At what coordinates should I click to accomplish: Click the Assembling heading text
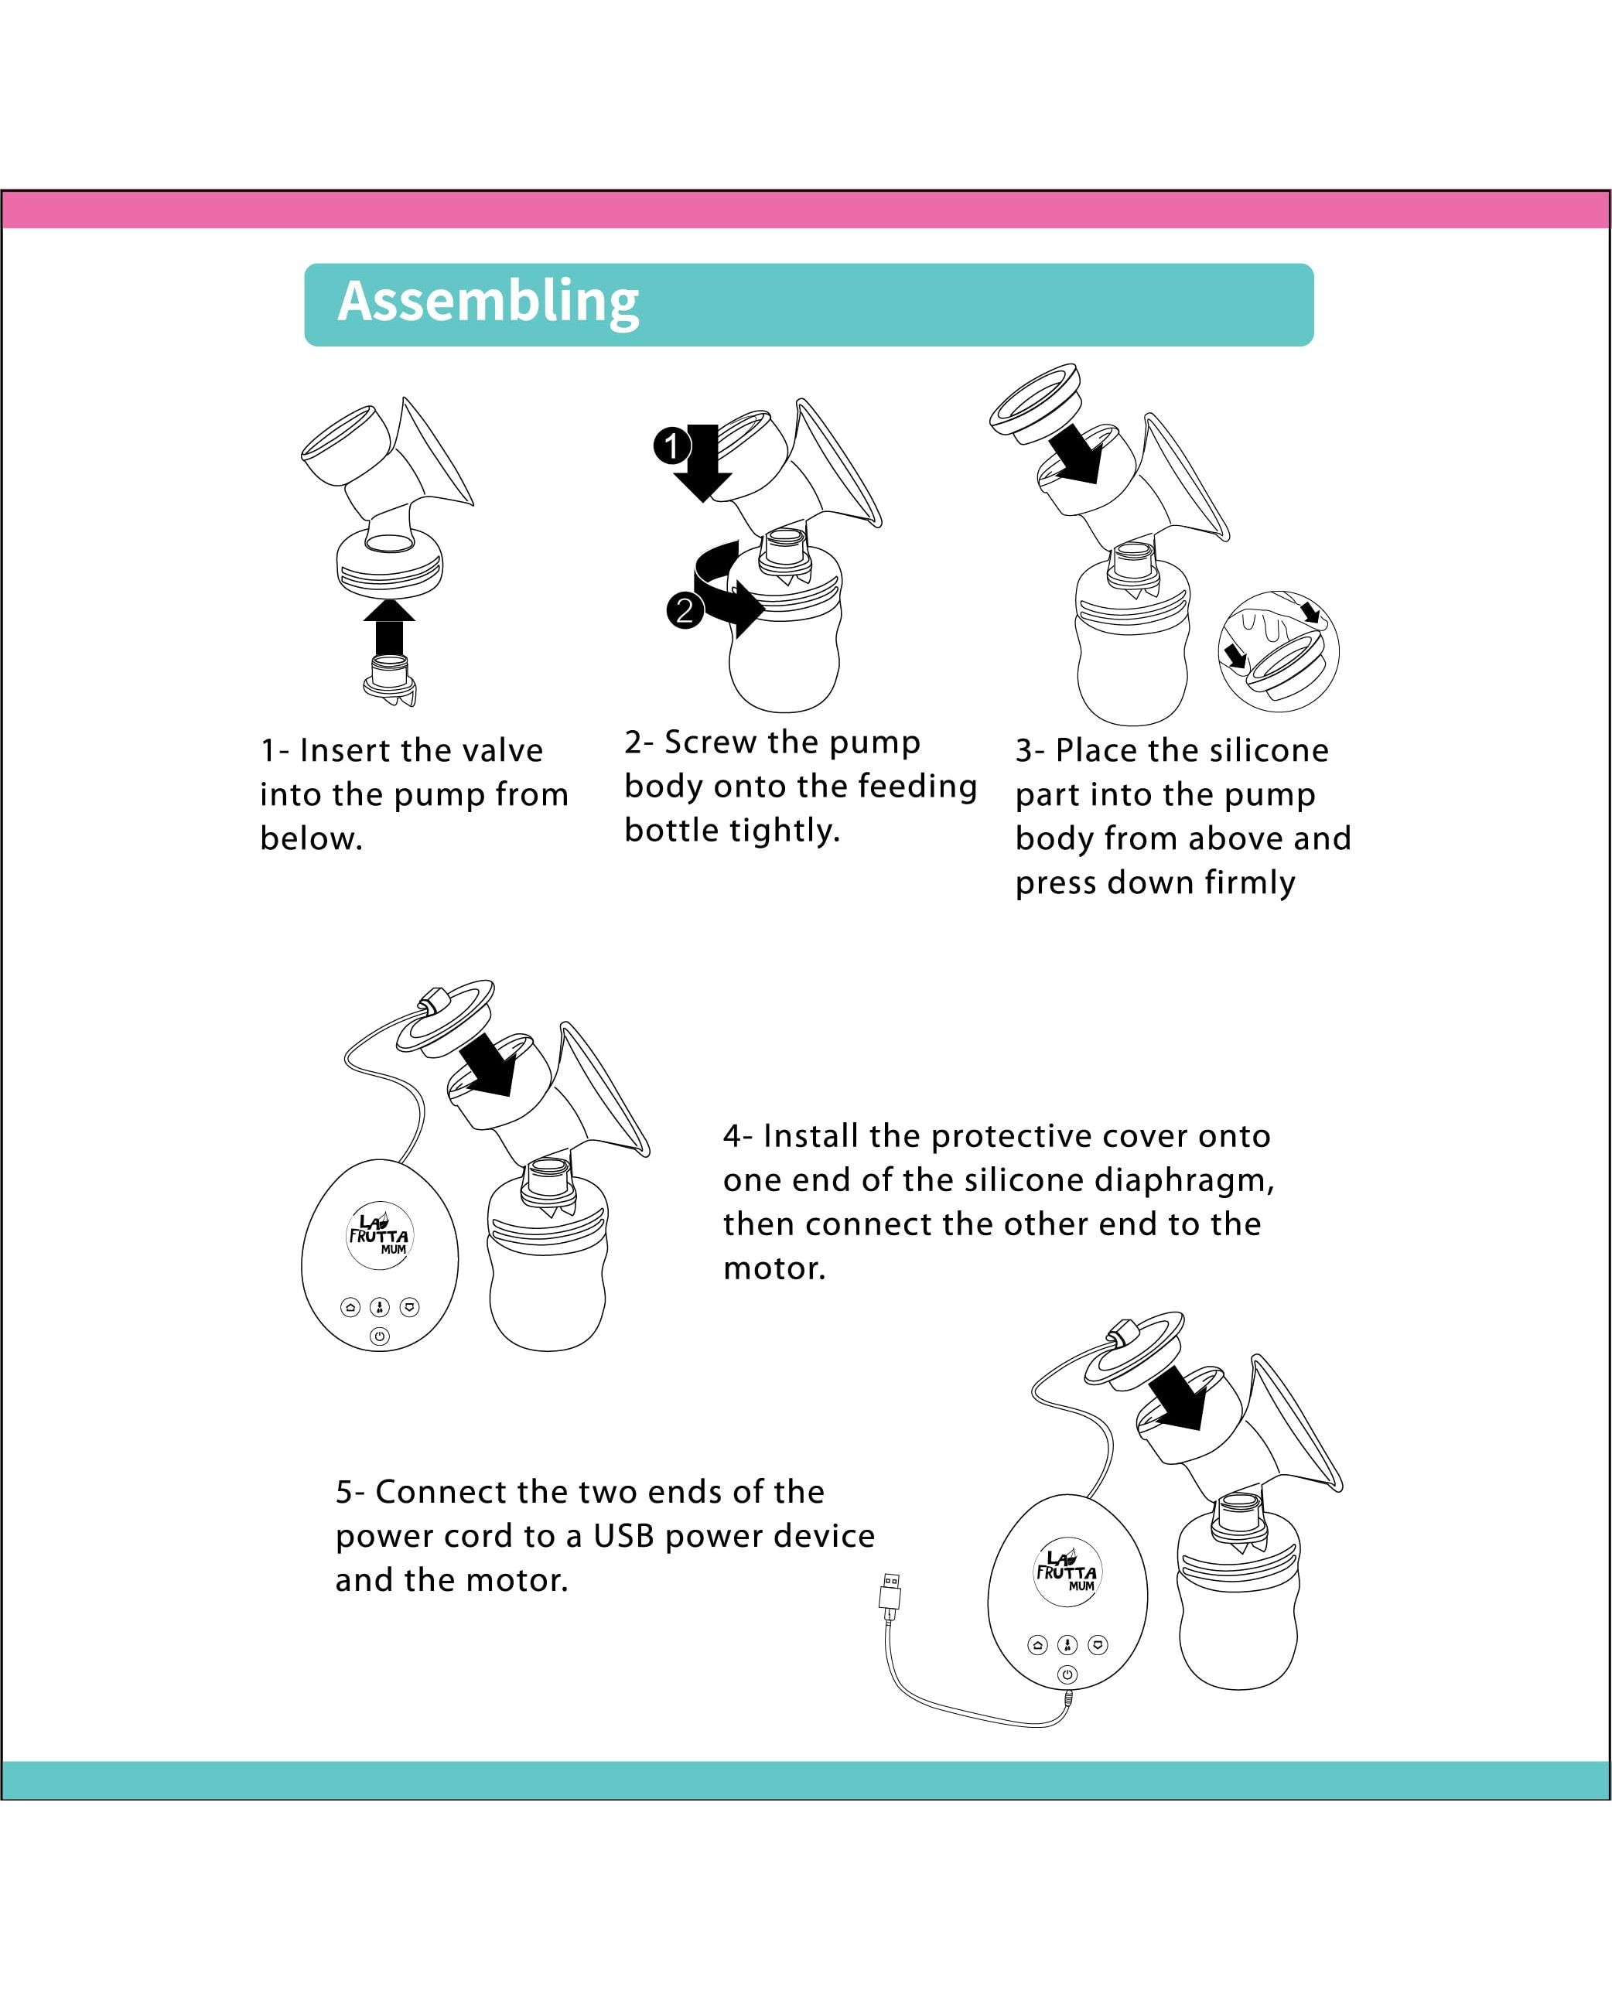(488, 302)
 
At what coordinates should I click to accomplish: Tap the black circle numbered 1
(672, 445)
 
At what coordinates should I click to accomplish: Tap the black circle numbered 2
(685, 610)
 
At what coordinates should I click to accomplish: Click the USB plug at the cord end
(890, 1592)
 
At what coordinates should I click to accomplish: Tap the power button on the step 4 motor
(379, 1336)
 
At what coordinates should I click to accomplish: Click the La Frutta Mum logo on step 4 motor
(379, 1236)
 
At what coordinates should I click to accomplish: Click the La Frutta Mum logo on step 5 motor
(1067, 1572)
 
